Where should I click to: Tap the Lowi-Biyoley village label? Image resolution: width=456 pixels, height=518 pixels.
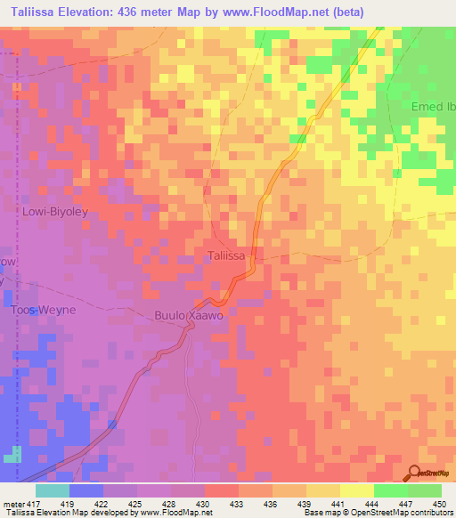(59, 212)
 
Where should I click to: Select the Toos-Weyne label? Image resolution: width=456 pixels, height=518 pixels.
(44, 310)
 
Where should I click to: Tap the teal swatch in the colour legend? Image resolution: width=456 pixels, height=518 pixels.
(53, 490)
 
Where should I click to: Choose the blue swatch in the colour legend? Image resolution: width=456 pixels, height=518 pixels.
(86, 490)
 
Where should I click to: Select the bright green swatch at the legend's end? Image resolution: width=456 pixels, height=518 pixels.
(425, 490)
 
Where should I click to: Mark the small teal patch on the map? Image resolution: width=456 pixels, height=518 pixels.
(12, 457)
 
